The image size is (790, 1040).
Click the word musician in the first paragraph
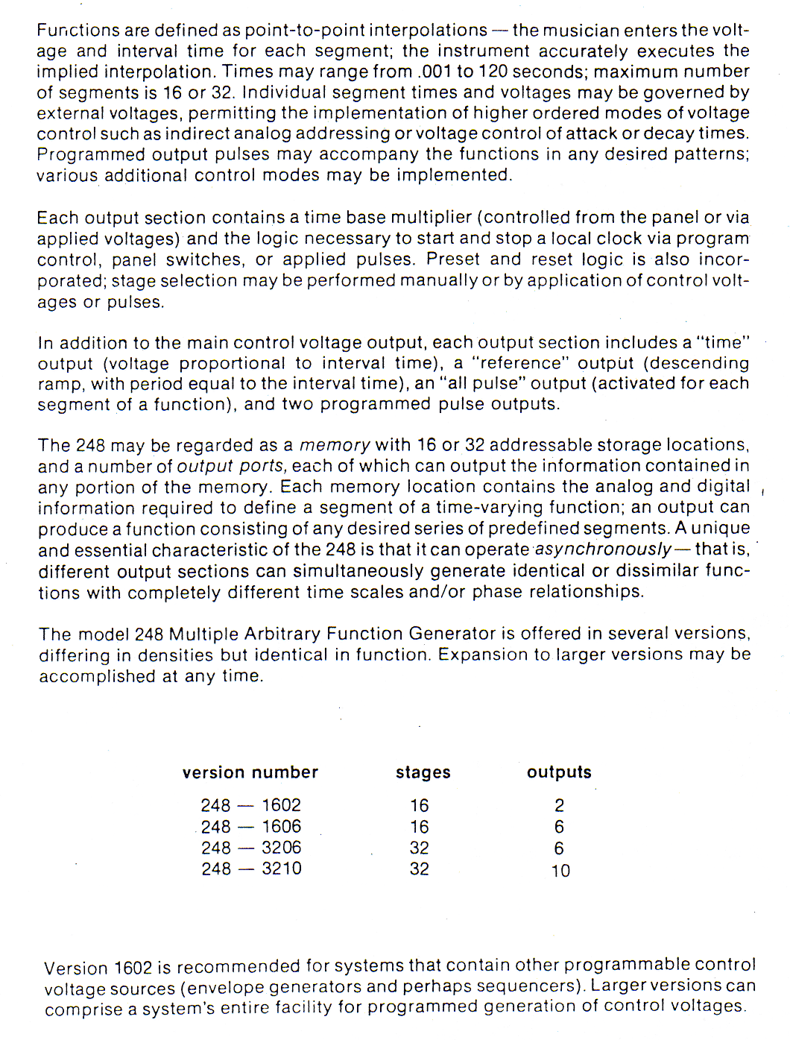581,31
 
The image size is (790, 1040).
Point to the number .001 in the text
434,72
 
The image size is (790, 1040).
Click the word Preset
453,259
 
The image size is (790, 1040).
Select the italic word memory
335,445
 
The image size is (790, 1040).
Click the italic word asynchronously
604,549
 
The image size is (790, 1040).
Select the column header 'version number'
250,772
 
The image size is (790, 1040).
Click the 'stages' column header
423,773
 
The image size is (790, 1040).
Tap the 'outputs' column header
559,772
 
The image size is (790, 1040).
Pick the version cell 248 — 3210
251,869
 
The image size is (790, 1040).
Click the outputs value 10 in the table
560,871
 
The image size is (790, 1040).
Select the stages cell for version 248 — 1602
420,806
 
